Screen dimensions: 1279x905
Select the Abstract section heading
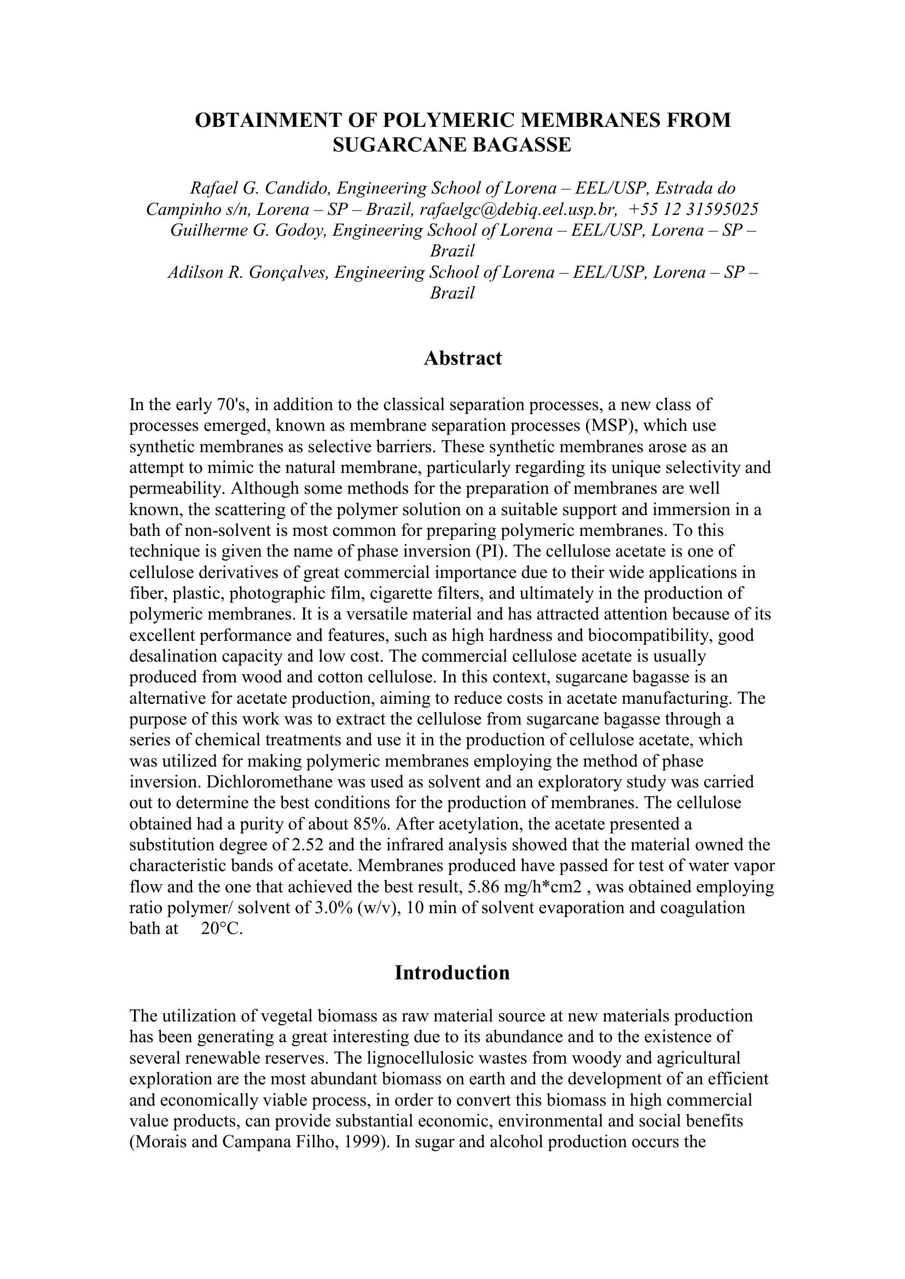pyautogui.click(x=462, y=358)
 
